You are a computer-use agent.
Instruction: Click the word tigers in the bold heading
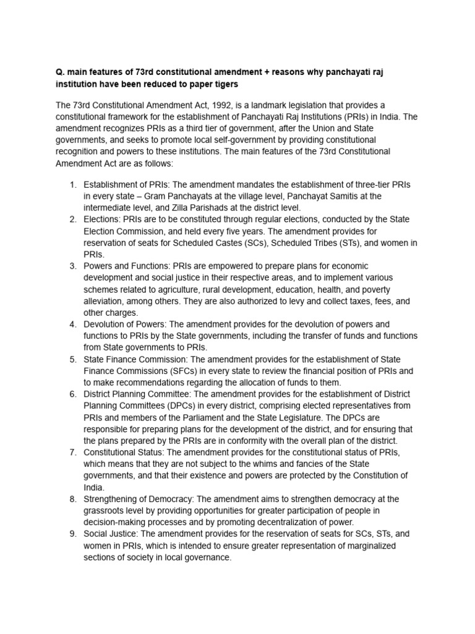pos(225,84)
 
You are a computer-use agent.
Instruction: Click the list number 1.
pos(72,185)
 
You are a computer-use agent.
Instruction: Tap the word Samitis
pos(336,196)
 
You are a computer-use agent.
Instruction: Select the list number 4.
pos(72,324)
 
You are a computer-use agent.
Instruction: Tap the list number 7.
pos(72,452)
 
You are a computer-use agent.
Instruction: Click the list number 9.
pos(72,534)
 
